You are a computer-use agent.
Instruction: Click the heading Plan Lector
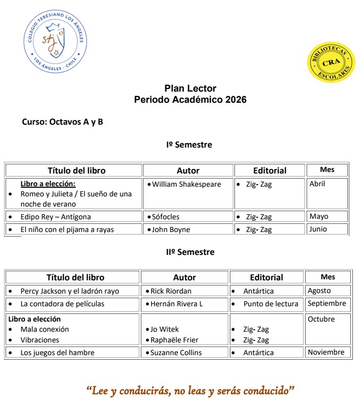(x=190, y=89)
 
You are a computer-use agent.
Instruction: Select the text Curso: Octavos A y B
(x=62, y=122)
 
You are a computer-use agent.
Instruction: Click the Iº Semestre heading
(x=189, y=145)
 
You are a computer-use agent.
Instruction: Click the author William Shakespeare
(x=186, y=184)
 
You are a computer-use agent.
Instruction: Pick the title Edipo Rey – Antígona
(x=56, y=217)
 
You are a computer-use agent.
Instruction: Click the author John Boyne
(x=171, y=229)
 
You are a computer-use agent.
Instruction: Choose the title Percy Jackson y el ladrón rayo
(x=70, y=291)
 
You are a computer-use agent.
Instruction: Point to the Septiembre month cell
(x=327, y=303)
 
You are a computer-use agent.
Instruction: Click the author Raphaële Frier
(x=174, y=340)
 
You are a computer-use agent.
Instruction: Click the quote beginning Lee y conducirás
(x=191, y=391)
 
